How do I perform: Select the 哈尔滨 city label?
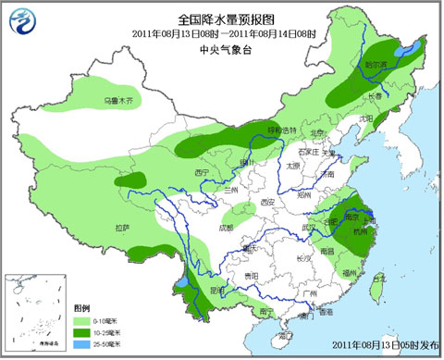point(376,66)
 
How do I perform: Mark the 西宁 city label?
point(203,172)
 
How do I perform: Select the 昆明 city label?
point(216,290)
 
